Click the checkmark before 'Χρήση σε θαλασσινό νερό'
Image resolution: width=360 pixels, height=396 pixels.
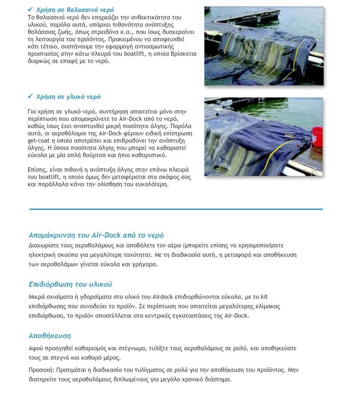(x=31, y=9)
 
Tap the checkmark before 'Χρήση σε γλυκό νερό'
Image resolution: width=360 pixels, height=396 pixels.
(x=31, y=96)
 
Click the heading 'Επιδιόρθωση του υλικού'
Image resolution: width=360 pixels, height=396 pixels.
(x=70, y=284)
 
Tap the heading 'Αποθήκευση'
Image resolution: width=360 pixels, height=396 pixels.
(x=49, y=335)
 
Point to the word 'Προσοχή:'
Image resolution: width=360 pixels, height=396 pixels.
(x=41, y=370)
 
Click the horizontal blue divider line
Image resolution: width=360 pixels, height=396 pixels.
(x=176, y=209)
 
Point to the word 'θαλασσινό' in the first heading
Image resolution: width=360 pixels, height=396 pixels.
(x=75, y=9)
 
